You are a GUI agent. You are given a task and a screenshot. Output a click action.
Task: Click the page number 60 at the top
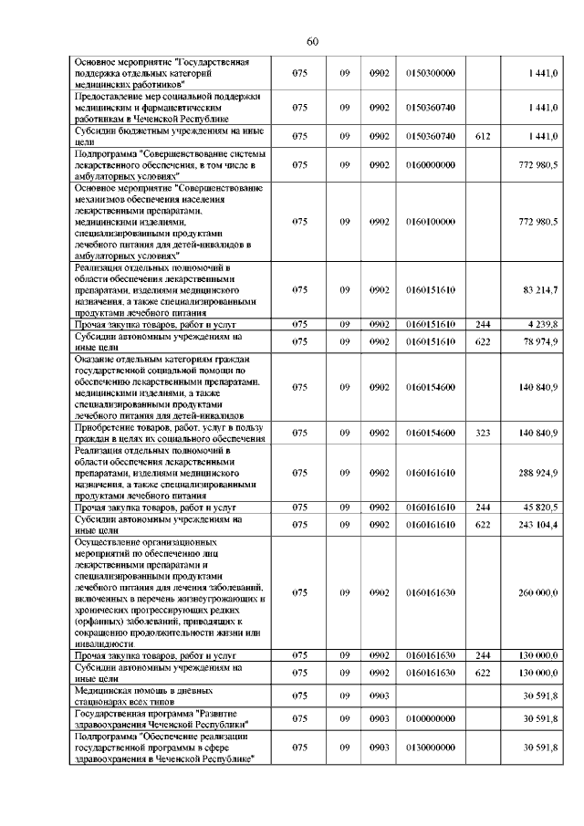[x=312, y=41]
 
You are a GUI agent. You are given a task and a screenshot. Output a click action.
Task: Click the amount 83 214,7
[x=540, y=289]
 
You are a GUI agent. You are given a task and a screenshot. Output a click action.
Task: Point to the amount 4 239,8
[x=542, y=324]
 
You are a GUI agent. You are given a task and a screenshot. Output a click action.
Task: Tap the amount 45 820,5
[x=540, y=507]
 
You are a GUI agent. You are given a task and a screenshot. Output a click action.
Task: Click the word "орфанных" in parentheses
[x=97, y=622]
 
